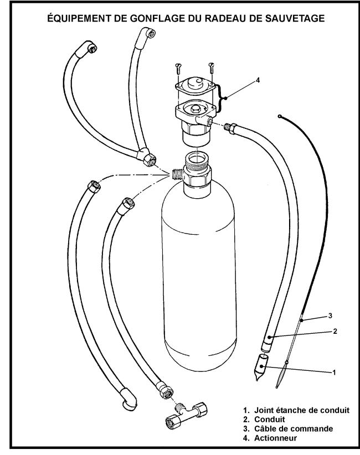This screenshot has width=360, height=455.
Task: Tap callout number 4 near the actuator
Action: [x=258, y=80]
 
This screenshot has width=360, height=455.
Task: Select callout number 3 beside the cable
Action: [x=330, y=316]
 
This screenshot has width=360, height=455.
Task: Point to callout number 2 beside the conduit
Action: [x=335, y=331]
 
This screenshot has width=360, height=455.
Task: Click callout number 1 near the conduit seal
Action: [x=334, y=372]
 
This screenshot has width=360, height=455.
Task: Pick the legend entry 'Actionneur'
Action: [x=275, y=438]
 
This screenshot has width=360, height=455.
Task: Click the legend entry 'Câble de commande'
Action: [x=294, y=428]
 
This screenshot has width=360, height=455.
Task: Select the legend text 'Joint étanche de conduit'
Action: [x=302, y=410]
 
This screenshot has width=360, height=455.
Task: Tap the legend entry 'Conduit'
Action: [x=269, y=420]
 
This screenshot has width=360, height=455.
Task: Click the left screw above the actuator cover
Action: [x=178, y=69]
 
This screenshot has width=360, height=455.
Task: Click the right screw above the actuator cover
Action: [x=212, y=69]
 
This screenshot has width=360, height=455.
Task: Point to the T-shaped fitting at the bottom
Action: [x=186, y=413]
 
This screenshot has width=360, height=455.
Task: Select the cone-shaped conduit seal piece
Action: [x=261, y=367]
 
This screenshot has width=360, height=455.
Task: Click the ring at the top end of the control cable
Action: [x=279, y=117]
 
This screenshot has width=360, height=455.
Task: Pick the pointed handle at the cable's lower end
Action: [x=281, y=374]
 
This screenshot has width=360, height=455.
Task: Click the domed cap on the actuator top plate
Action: [x=195, y=83]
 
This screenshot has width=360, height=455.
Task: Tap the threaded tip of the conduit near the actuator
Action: [x=227, y=127]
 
